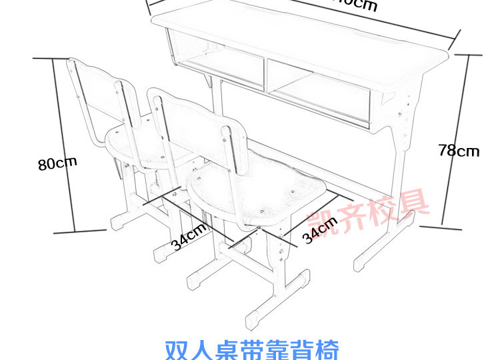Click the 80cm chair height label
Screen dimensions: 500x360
coord(57,162)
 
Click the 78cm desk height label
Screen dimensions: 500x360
coord(459,151)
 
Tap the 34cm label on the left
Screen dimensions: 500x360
coord(189,237)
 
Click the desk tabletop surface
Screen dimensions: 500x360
coord(300,33)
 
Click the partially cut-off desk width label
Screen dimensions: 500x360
coord(353,5)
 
